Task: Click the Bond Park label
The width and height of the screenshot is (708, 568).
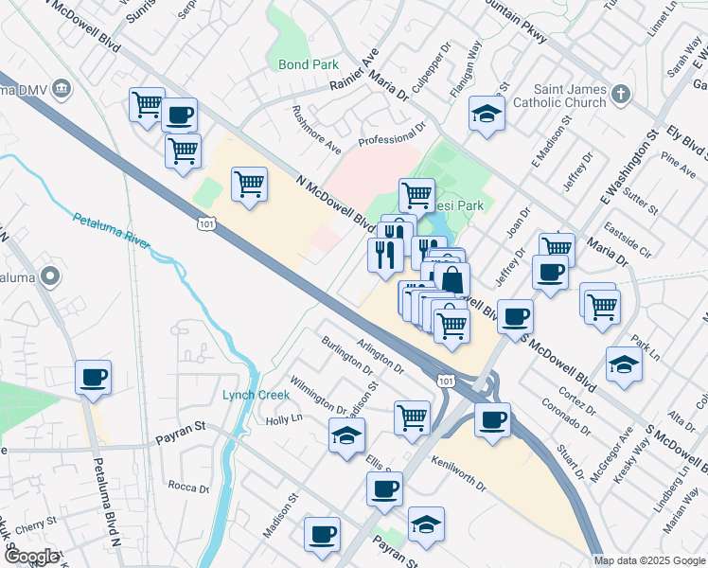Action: point(309,65)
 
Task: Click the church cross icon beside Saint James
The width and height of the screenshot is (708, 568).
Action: point(620,94)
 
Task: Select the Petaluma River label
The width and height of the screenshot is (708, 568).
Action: point(111,232)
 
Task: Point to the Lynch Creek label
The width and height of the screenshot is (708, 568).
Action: point(256,394)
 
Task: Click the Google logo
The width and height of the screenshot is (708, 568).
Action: point(30,557)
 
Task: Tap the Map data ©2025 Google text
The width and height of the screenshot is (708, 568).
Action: point(650,560)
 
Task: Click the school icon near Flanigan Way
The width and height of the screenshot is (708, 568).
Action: point(487,115)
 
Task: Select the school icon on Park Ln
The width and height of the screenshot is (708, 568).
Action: point(624,364)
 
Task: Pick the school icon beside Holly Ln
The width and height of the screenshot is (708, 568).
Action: point(346,435)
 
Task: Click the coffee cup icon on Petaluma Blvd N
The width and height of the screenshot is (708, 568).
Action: point(94,378)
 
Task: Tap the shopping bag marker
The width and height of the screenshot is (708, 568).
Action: point(452,279)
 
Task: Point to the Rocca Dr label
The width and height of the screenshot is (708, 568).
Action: point(188,488)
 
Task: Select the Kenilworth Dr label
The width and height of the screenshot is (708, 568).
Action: point(457,473)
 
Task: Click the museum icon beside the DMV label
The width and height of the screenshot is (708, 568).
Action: point(62,89)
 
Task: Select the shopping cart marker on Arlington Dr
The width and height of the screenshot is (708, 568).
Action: point(412,416)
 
